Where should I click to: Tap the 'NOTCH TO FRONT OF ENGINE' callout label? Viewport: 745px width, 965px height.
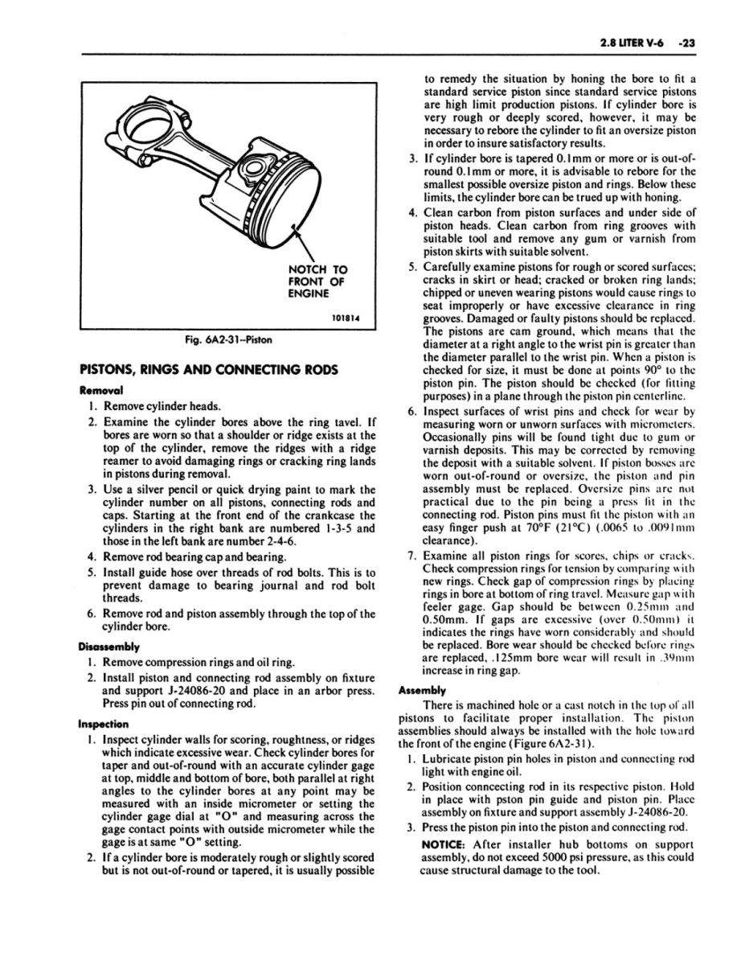317,282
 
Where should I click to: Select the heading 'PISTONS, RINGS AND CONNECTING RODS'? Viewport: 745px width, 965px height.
207,371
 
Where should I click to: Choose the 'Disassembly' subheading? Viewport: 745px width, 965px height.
108,647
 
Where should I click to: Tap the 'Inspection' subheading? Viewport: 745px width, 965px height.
104,723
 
